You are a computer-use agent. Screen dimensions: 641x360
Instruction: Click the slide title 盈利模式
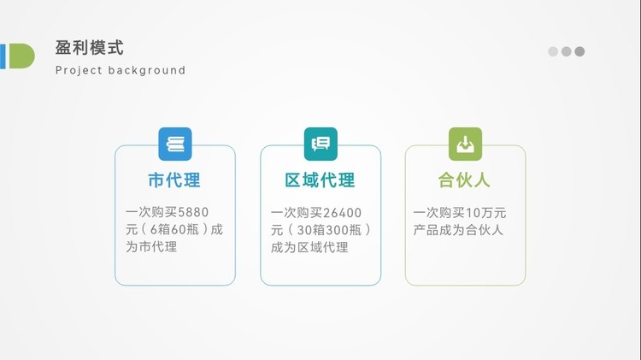pos(89,48)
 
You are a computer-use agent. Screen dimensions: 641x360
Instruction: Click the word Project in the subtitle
pos(79,70)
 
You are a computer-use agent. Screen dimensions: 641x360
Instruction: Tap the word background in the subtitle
pos(147,70)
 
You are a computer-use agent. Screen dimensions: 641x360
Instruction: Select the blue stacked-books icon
pos(175,144)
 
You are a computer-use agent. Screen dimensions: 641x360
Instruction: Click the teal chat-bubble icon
pos(320,144)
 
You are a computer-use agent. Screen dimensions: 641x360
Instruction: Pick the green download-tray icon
pos(465,144)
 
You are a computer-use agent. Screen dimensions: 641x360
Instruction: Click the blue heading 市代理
pos(174,180)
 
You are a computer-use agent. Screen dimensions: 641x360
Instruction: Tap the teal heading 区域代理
pos(320,180)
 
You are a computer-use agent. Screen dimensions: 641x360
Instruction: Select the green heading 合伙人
pos(464,180)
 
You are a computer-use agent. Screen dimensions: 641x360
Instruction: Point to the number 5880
pos(193,212)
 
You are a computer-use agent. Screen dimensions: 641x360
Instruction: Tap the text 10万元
pos(485,213)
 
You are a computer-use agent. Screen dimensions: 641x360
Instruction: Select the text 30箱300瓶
pos(330,230)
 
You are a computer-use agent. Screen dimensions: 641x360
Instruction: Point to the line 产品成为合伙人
pos(458,230)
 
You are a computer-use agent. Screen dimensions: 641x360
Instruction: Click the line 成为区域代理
pos(309,247)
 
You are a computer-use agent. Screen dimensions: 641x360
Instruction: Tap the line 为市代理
pos(151,246)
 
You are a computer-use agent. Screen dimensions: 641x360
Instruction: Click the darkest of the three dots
pos(579,51)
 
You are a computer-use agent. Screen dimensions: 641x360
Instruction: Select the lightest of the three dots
pos(553,51)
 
